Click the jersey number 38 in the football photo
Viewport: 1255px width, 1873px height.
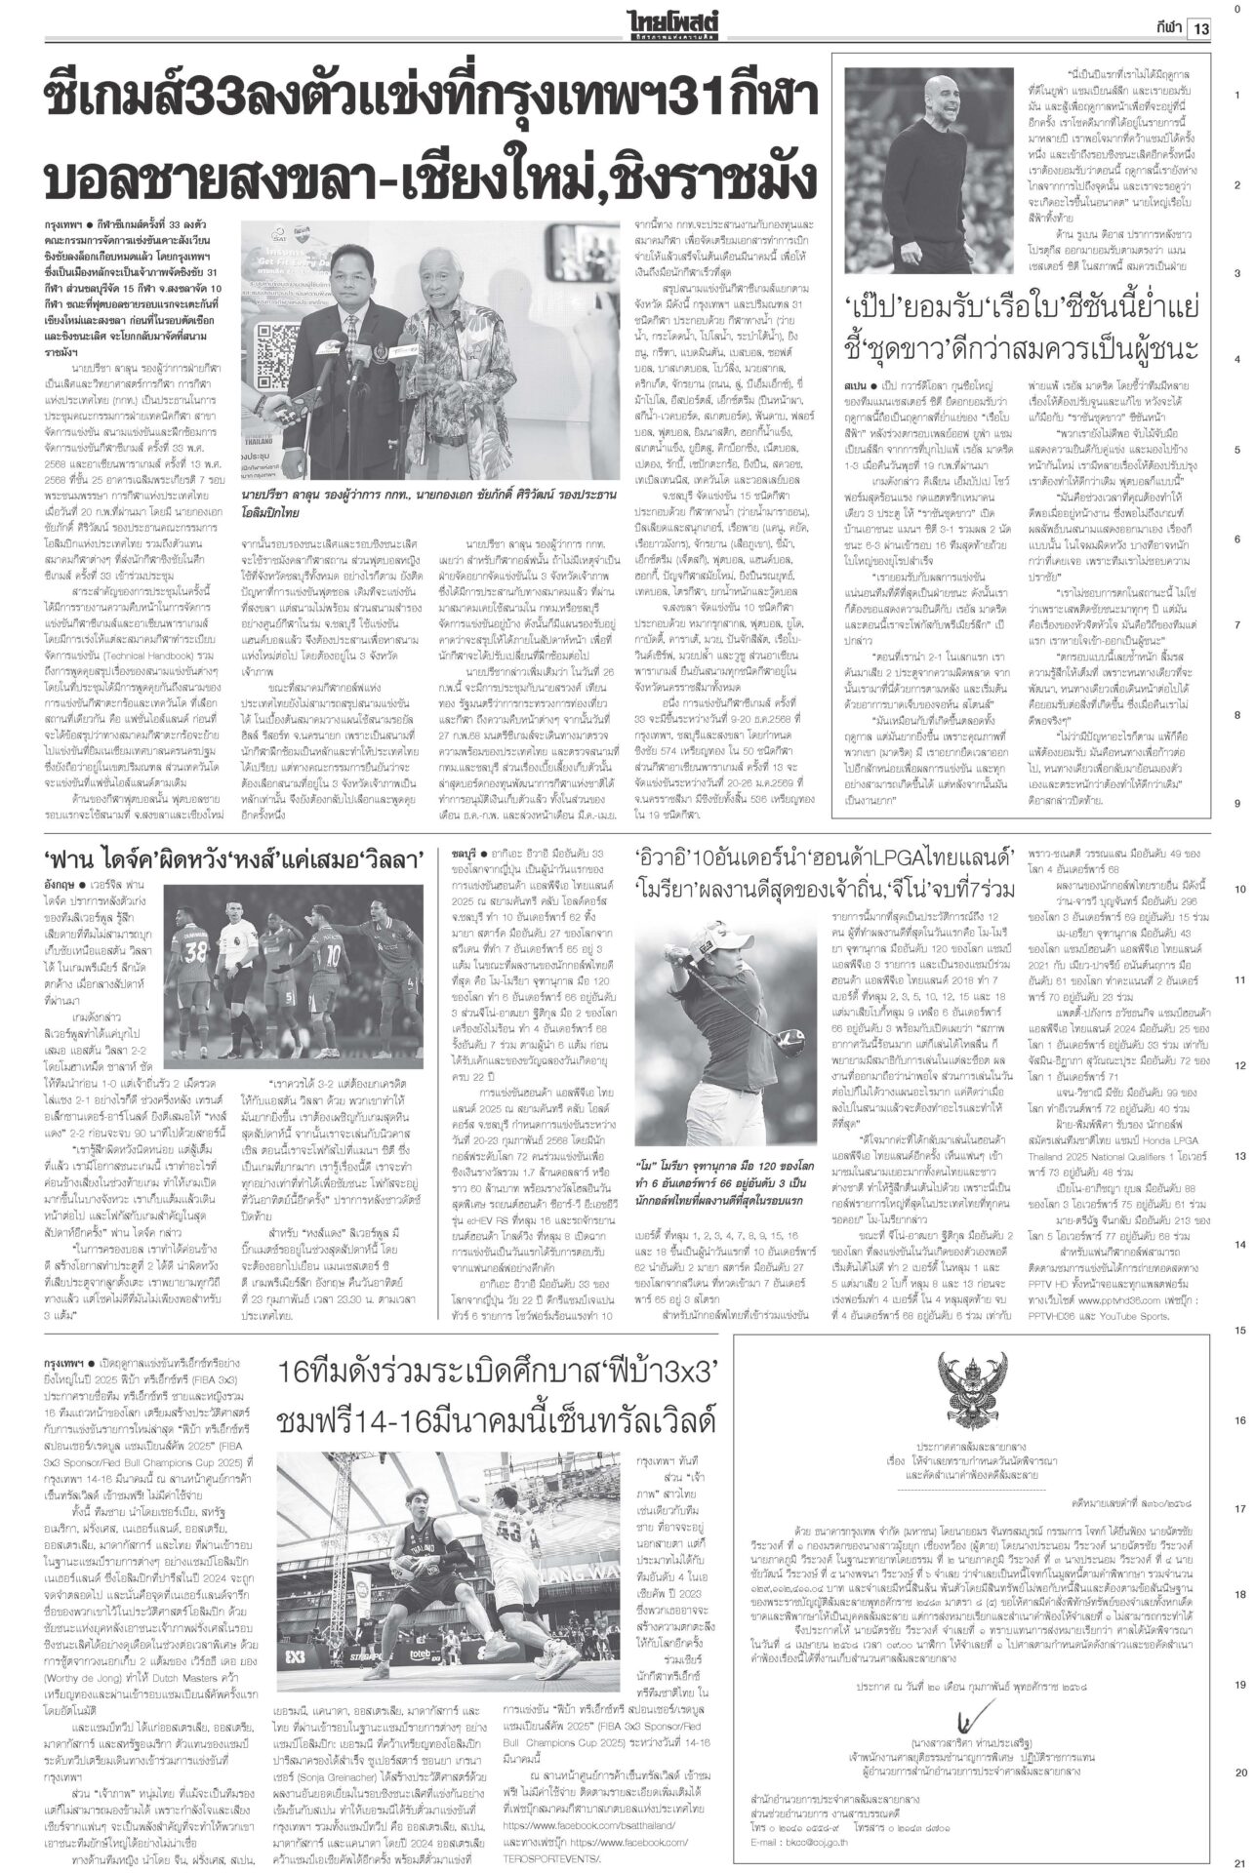pos(196,947)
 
